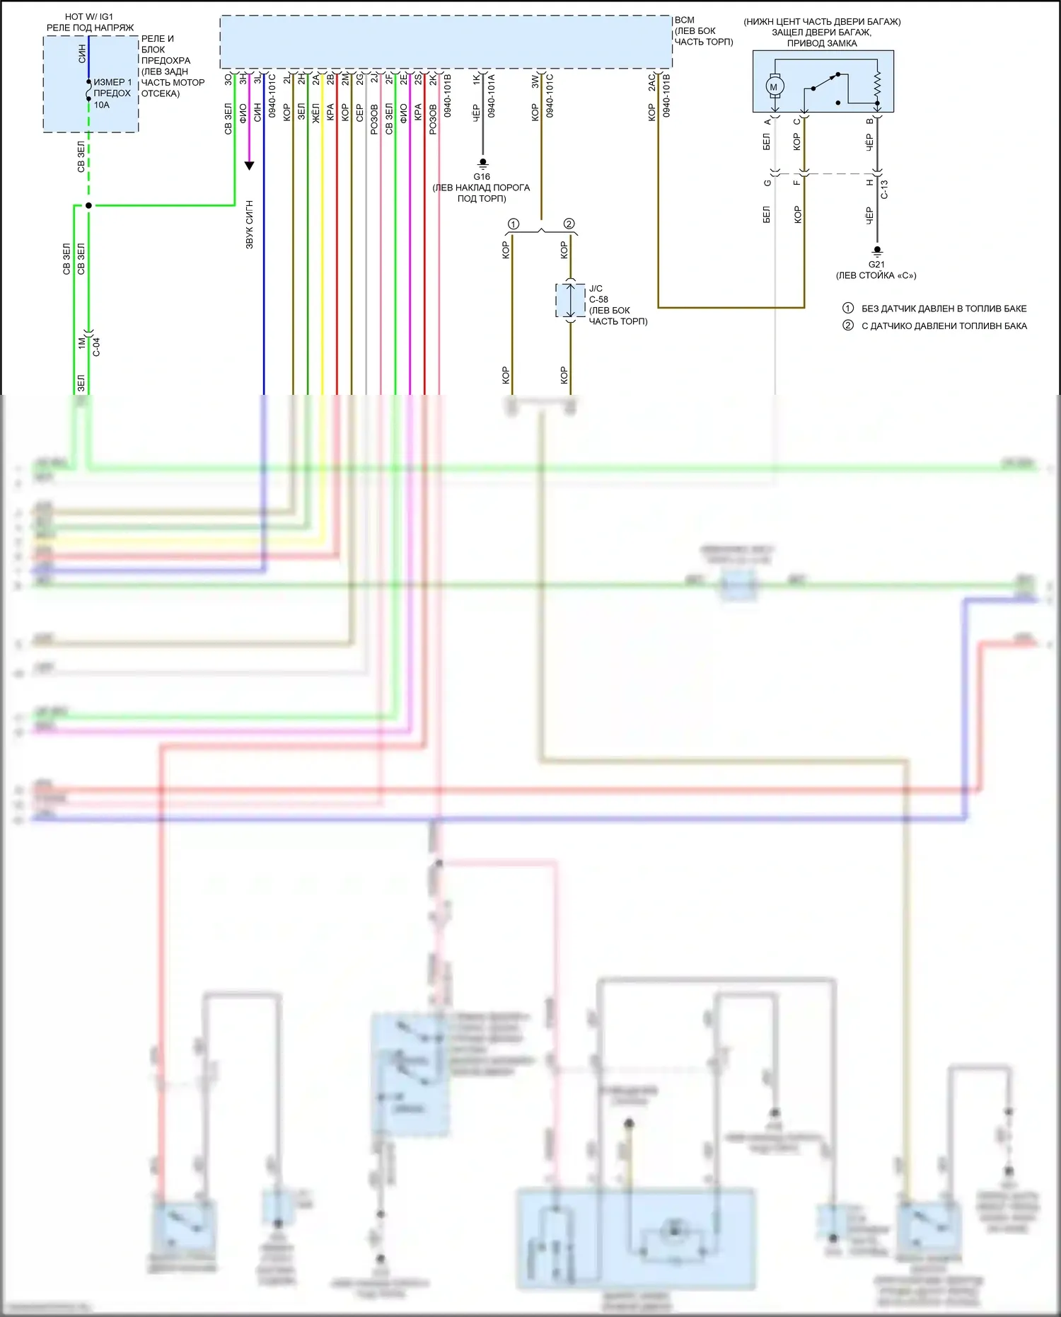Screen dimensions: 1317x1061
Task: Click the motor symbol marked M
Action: pyautogui.click(x=773, y=87)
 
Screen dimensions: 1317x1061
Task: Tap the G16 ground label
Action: pyautogui.click(x=482, y=177)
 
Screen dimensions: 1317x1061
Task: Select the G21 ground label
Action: pyautogui.click(x=876, y=265)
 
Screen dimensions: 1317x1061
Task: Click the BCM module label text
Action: pyautogui.click(x=685, y=21)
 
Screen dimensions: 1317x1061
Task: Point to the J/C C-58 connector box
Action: pyautogui.click(x=570, y=301)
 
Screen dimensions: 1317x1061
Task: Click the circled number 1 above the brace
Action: pyautogui.click(x=514, y=224)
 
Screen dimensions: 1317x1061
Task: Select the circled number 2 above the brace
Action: pyautogui.click(x=569, y=224)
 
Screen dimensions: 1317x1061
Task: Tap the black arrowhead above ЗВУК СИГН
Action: pyautogui.click(x=249, y=166)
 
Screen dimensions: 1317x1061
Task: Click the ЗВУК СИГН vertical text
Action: pyautogui.click(x=250, y=224)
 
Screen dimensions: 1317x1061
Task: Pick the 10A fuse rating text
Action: pyautogui.click(x=102, y=105)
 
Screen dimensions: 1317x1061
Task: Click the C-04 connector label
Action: pyautogui.click(x=97, y=346)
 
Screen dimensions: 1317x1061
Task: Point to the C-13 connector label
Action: pyautogui.click(x=884, y=189)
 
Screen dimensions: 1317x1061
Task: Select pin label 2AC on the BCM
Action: pyautogui.click(x=652, y=82)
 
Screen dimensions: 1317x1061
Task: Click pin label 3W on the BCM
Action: pyautogui.click(x=535, y=82)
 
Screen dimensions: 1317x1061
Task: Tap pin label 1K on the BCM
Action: pyautogui.click(x=477, y=80)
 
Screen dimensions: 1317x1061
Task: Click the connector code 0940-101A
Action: pyautogui.click(x=491, y=96)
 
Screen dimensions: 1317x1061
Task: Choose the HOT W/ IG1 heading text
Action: pyautogui.click(x=89, y=16)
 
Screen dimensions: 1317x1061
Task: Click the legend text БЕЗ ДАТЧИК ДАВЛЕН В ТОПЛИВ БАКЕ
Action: pyautogui.click(x=944, y=309)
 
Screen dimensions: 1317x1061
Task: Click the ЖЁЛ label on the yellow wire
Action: pyautogui.click(x=316, y=113)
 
